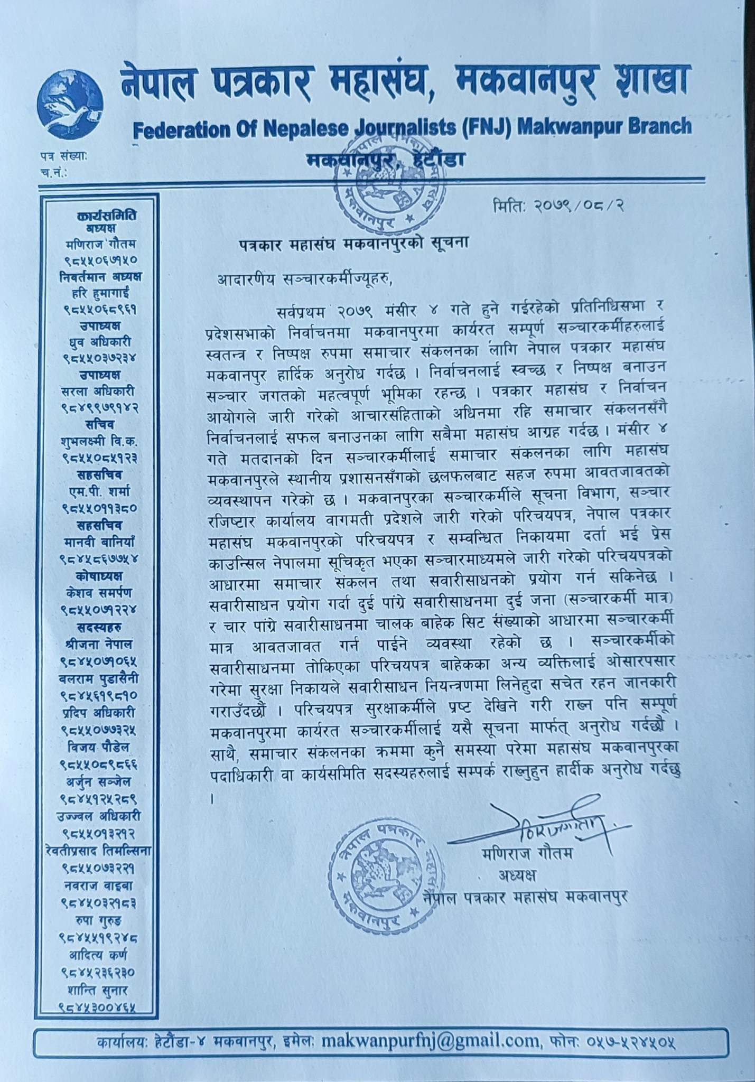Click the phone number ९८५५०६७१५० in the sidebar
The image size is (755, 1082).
pos(101,260)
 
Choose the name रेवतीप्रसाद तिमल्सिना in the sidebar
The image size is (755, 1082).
pos(99,851)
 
